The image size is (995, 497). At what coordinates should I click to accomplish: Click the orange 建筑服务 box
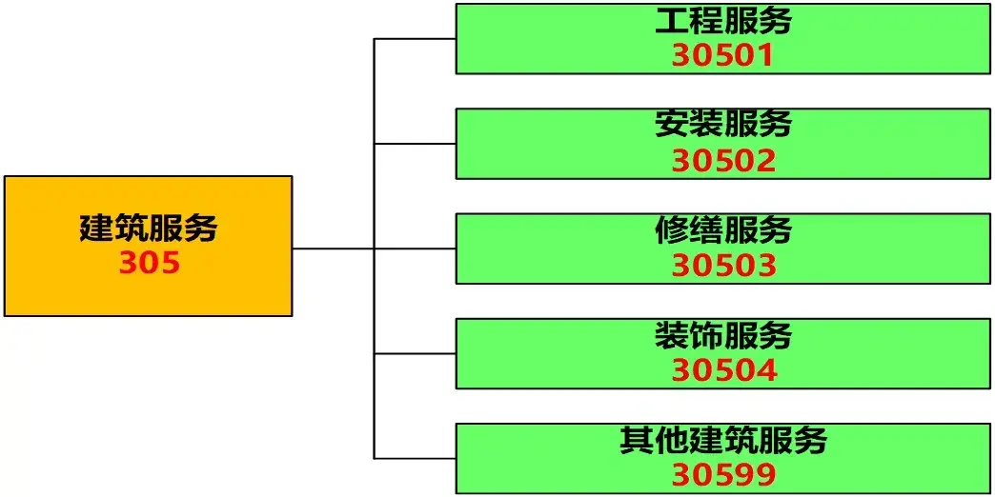click(x=149, y=246)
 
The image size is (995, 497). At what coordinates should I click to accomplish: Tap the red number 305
click(x=150, y=263)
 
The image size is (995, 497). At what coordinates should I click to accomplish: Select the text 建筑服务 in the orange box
click(x=149, y=229)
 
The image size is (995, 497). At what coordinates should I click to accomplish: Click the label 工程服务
click(x=723, y=21)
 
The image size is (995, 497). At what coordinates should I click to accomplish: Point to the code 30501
click(x=723, y=56)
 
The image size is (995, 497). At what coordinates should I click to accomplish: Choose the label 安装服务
click(x=723, y=124)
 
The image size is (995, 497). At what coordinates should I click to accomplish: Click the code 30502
click(x=724, y=161)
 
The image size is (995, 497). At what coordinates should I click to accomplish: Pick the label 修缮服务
click(x=723, y=229)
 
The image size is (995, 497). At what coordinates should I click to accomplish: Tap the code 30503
click(x=724, y=266)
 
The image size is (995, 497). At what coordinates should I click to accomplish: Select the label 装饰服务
click(x=723, y=335)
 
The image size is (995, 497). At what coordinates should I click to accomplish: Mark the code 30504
click(x=724, y=371)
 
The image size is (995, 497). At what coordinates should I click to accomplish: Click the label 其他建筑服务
click(x=723, y=440)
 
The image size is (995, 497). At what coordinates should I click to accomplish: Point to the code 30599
click(x=724, y=475)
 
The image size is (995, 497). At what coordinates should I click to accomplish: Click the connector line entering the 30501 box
click(x=415, y=39)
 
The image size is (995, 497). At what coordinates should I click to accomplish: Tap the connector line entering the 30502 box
click(x=415, y=144)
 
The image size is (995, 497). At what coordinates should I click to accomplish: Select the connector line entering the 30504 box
click(x=415, y=354)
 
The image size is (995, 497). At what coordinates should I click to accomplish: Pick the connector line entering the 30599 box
click(x=415, y=458)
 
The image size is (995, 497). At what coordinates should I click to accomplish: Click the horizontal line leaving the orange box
click(x=334, y=248)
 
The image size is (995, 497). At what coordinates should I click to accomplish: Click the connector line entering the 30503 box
click(x=415, y=248)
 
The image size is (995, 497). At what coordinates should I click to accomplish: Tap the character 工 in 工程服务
click(x=672, y=22)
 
